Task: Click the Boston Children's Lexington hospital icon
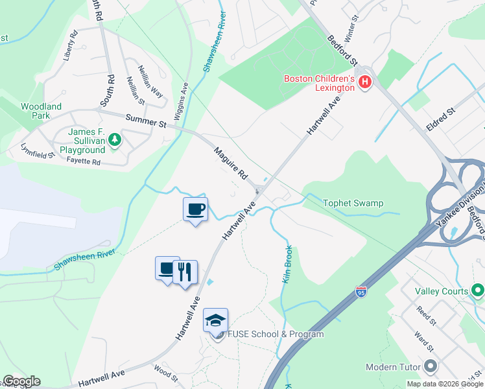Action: coord(365,82)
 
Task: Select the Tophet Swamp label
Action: coord(353,203)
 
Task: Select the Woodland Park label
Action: coord(41,111)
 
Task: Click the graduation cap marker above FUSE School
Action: coord(216,319)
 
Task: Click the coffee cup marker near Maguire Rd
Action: coord(195,209)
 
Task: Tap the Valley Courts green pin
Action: coord(478,289)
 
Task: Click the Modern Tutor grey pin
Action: coord(429,366)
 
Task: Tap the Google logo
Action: coord(21,381)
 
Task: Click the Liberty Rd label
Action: coord(70,45)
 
